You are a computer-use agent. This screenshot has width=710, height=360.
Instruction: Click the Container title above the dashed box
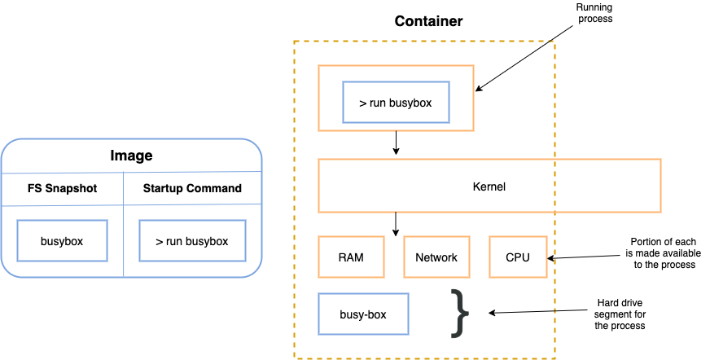tap(428, 21)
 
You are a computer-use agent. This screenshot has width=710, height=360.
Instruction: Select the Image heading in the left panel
tap(131, 156)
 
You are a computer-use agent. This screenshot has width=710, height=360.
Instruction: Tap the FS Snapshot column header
tap(62, 188)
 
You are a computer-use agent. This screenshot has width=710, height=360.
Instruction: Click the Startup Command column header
tap(192, 188)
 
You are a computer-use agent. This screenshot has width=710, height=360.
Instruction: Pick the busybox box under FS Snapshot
tap(62, 241)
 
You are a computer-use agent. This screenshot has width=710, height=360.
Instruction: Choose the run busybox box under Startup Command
tap(192, 241)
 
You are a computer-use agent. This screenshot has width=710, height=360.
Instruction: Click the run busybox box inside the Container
tap(396, 103)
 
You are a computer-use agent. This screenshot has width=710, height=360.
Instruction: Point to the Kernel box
tap(489, 187)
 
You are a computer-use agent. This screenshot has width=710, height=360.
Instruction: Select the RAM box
tap(350, 257)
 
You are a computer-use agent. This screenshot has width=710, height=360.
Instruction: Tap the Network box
tap(436, 257)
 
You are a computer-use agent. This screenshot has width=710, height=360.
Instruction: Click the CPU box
tap(517, 257)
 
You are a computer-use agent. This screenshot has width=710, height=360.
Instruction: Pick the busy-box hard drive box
tap(363, 313)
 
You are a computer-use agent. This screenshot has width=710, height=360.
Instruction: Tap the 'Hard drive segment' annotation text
tap(619, 314)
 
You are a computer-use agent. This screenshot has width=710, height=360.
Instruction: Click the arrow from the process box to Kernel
tap(396, 143)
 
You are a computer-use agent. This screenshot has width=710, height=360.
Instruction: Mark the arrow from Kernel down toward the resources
tap(396, 223)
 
